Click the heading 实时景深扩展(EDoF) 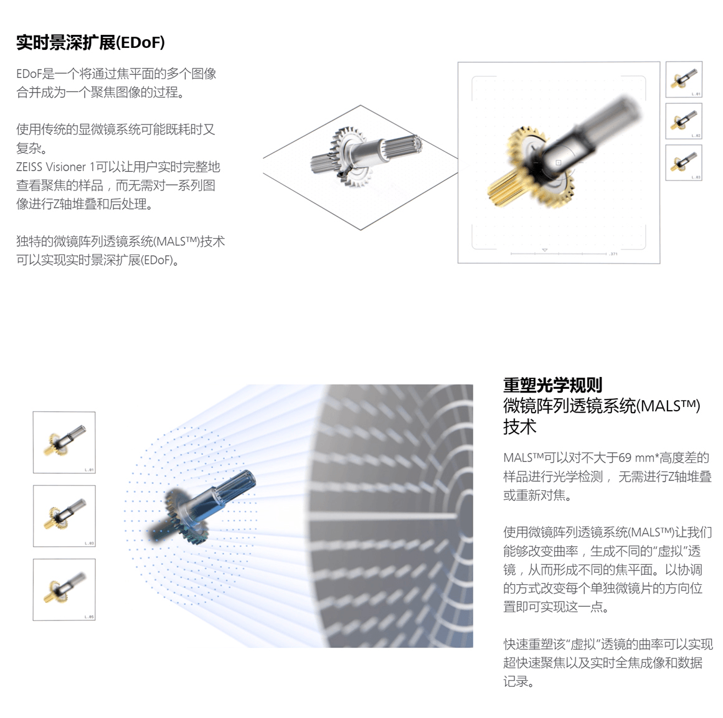click(x=90, y=42)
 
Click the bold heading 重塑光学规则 click(x=552, y=385)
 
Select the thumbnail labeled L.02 click(x=684, y=121)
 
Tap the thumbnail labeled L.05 click(x=64, y=589)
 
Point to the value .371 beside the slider click(x=613, y=254)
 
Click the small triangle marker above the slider click(x=544, y=249)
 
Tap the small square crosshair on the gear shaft click(x=559, y=162)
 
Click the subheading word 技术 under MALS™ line click(x=519, y=427)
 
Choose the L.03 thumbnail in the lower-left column click(x=64, y=516)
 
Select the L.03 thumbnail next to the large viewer click(x=684, y=162)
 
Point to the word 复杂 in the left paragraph click(x=29, y=148)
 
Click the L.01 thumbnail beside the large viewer click(x=684, y=79)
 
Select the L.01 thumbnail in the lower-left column click(x=64, y=442)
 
